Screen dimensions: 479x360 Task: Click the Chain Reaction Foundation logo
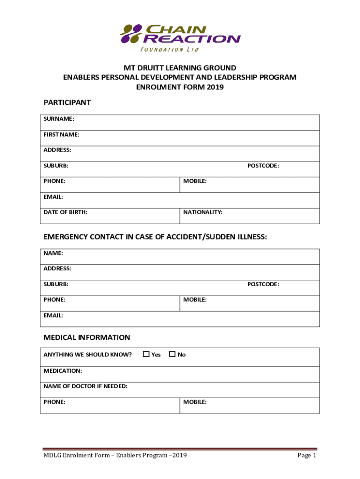pyautogui.click(x=180, y=37)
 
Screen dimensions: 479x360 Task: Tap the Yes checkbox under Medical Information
pyautogui.click(x=146, y=354)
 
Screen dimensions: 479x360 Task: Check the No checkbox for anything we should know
pyautogui.click(x=172, y=354)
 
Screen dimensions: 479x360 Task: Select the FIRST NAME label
pyautogui.click(x=61, y=135)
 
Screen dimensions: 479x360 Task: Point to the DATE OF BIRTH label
pyautogui.click(x=65, y=212)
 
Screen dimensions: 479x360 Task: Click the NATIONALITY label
pyautogui.click(x=203, y=212)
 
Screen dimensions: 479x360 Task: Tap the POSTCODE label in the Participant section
pyautogui.click(x=263, y=166)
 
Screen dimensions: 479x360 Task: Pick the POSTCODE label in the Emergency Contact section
pyautogui.click(x=263, y=284)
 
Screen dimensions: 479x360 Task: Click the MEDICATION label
pyautogui.click(x=63, y=370)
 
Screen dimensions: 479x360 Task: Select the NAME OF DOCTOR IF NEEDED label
pyautogui.click(x=85, y=386)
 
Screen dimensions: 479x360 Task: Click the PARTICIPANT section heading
pyautogui.click(x=67, y=102)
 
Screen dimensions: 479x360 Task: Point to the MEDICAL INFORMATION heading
pyautogui.click(x=86, y=337)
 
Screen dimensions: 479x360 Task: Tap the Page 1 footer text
pyautogui.click(x=307, y=456)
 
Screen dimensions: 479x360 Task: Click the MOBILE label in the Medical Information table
pyautogui.click(x=195, y=402)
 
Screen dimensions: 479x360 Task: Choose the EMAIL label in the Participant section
pyautogui.click(x=53, y=196)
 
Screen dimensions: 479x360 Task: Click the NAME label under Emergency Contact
pyautogui.click(x=53, y=253)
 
